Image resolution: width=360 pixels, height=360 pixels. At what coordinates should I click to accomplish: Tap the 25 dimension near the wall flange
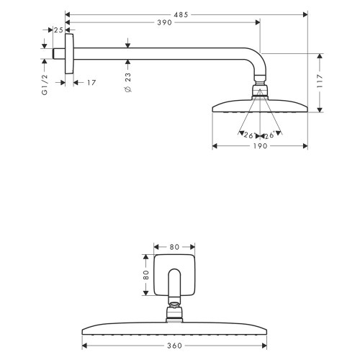(x=58, y=30)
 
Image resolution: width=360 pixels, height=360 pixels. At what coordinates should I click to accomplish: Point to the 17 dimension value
(x=91, y=83)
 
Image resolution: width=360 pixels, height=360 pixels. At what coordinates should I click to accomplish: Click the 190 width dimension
(x=260, y=146)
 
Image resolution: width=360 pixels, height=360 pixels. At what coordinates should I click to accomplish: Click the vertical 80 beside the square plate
(x=145, y=274)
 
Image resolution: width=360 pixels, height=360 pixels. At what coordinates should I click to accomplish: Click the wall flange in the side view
(x=69, y=53)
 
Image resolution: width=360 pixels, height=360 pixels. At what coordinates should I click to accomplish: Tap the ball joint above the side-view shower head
(x=260, y=91)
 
